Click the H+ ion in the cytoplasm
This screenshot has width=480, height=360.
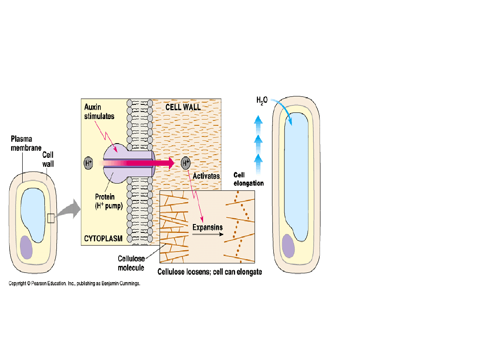click(x=88, y=163)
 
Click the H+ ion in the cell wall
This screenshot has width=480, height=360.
click(x=186, y=163)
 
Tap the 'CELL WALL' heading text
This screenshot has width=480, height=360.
click(x=183, y=107)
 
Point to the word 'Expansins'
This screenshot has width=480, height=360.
click(x=208, y=227)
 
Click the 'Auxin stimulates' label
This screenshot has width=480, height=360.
click(x=99, y=112)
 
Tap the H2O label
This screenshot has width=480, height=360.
click(x=262, y=100)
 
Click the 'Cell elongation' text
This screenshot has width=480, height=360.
click(x=248, y=179)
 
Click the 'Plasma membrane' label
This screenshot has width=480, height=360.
click(x=26, y=143)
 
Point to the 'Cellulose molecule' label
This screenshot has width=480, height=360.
click(x=131, y=263)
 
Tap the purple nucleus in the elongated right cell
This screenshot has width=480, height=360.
click(x=288, y=246)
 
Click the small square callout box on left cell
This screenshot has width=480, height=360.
click(x=51, y=218)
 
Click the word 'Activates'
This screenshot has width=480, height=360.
click(x=206, y=176)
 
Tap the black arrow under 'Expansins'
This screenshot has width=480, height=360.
click(x=208, y=234)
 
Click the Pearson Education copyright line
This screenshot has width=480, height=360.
click(x=75, y=283)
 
